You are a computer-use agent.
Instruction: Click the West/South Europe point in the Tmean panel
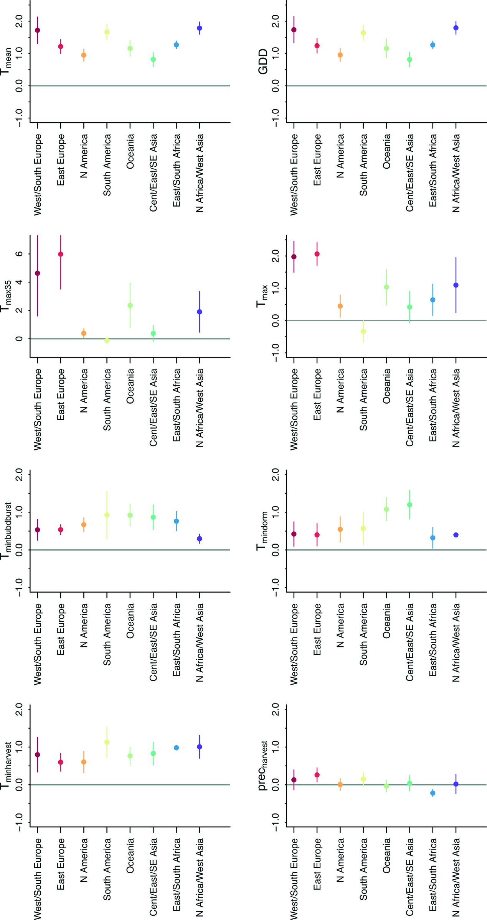click(37, 30)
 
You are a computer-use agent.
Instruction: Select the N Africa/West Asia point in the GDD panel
click(456, 28)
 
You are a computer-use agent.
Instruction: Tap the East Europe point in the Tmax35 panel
click(61, 254)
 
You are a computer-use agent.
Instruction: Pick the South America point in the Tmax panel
click(363, 332)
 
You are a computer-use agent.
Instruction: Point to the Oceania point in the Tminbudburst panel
click(130, 515)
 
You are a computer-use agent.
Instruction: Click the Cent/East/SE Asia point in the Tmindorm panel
click(409, 505)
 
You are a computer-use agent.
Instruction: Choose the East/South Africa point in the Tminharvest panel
click(177, 747)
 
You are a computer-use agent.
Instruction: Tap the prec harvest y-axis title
click(263, 762)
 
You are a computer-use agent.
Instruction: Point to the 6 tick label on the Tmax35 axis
click(19, 254)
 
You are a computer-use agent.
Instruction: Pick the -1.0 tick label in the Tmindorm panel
click(276, 587)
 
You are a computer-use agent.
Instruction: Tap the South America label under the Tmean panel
click(107, 165)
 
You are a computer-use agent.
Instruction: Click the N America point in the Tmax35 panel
click(84, 333)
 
